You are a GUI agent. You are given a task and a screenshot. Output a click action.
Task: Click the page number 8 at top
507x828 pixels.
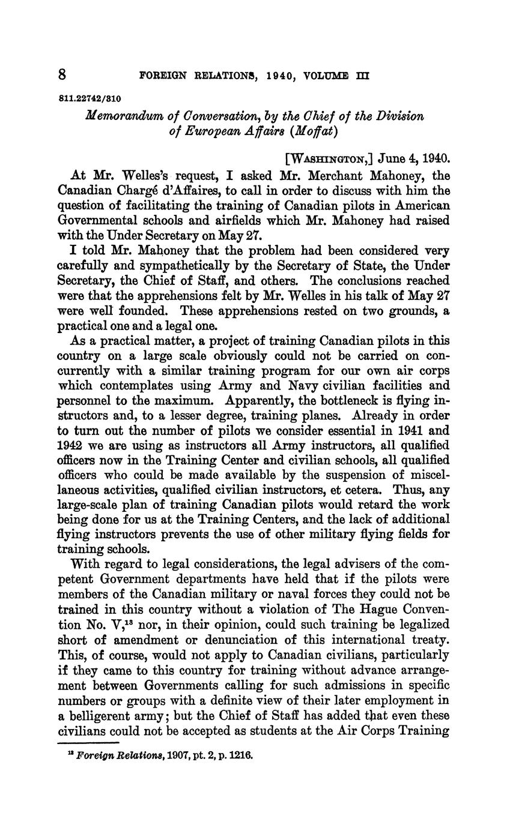[x=62, y=75]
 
